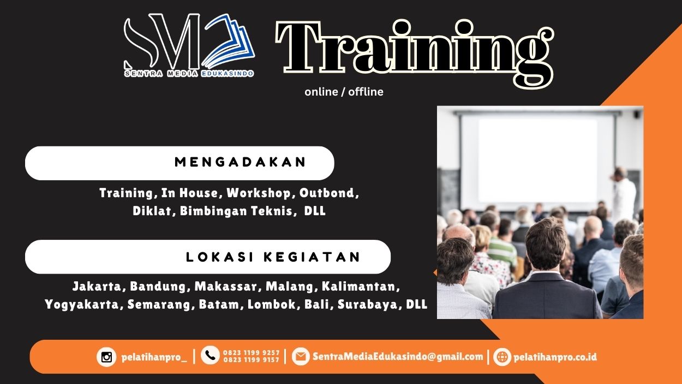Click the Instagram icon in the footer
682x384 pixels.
[x=106, y=357]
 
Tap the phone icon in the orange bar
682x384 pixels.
[x=210, y=356]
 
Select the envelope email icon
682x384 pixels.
[x=300, y=357]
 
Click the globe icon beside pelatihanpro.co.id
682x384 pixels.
[x=502, y=357]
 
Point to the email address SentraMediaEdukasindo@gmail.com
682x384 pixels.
[x=398, y=357]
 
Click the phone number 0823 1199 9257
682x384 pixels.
[x=251, y=353]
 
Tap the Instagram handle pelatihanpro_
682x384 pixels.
[x=154, y=357]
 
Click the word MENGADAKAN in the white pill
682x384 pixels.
[x=241, y=162]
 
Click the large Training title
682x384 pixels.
[x=415, y=49]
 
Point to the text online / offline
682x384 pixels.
[x=344, y=92]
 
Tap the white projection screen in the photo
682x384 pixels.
[x=537, y=153]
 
